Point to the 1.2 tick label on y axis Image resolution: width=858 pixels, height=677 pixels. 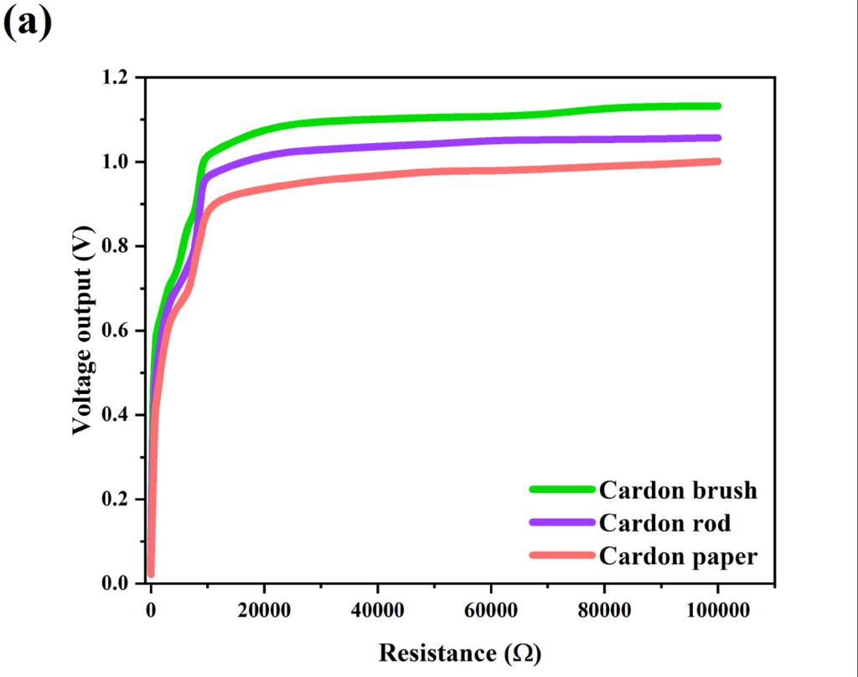[117, 78]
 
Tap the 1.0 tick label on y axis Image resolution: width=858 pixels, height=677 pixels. [117, 162]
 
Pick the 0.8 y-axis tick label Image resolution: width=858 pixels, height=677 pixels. [117, 247]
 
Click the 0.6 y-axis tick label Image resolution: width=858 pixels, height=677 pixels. [117, 331]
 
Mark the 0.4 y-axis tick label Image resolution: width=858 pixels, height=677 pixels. [117, 416]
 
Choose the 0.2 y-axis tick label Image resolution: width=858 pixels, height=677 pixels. [117, 500]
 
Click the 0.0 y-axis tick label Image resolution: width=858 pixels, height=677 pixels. [117, 584]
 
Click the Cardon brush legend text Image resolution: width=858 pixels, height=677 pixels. [677, 490]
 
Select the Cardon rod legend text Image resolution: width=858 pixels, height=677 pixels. [664, 523]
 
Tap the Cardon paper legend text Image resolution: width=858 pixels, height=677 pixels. [678, 556]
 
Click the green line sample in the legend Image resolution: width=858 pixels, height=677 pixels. [561, 490]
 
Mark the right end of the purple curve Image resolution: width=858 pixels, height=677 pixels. [717, 138]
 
